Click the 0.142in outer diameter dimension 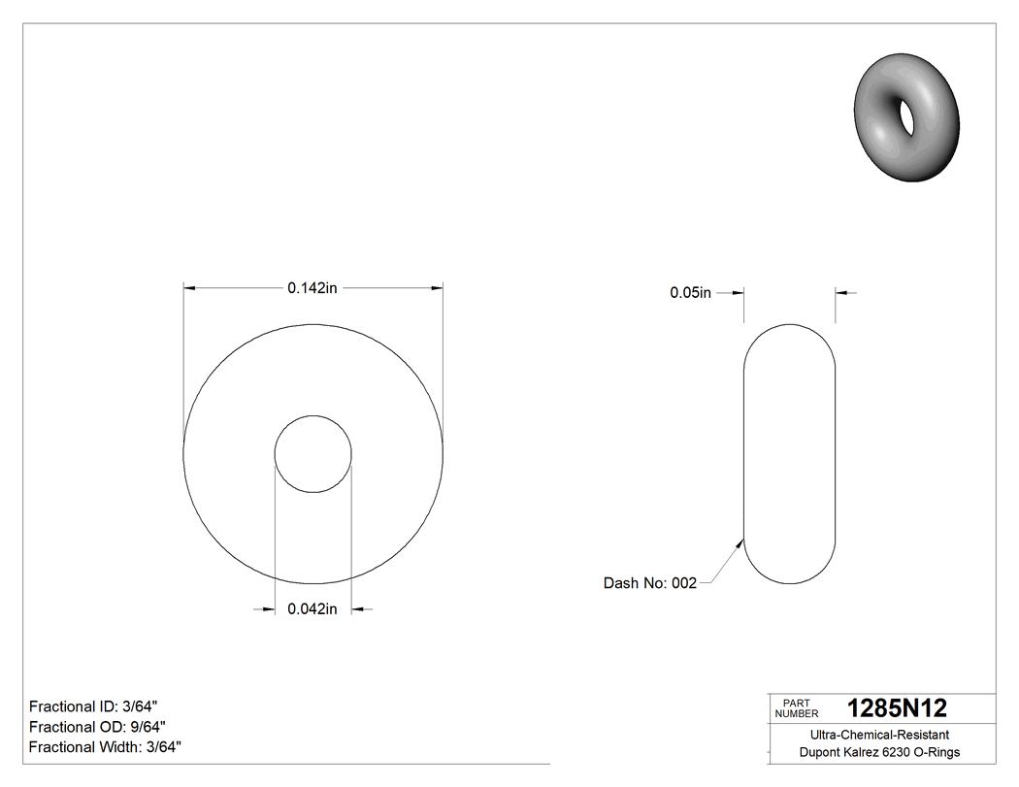click(312, 287)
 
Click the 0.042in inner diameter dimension click(312, 609)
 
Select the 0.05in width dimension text click(690, 292)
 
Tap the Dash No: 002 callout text click(649, 583)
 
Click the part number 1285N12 click(897, 708)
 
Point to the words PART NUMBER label click(796, 708)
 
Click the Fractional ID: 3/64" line click(93, 705)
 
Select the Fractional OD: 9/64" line click(97, 727)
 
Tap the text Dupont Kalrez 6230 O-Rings click(879, 752)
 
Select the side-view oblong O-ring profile click(789, 454)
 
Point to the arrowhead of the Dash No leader click(740, 542)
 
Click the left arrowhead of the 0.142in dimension click(190, 288)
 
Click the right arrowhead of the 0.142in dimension click(437, 288)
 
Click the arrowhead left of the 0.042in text click(269, 609)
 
